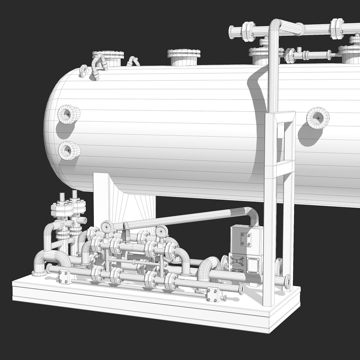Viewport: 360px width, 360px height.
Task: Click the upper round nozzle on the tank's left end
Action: [68, 114]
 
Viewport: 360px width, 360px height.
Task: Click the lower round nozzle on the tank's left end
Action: [69, 151]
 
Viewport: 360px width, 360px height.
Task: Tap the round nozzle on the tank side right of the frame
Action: [318, 117]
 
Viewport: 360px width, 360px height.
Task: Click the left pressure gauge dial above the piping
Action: [107, 226]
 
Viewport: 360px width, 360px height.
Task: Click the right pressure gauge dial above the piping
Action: [162, 230]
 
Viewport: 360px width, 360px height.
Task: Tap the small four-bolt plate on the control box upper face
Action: [246, 239]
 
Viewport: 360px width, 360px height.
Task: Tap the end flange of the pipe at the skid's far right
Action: [287, 282]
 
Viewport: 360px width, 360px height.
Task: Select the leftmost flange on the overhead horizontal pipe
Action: [248, 31]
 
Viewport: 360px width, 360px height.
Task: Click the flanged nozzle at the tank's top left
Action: [108, 57]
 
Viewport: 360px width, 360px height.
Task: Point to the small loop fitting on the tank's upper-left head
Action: [84, 71]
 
